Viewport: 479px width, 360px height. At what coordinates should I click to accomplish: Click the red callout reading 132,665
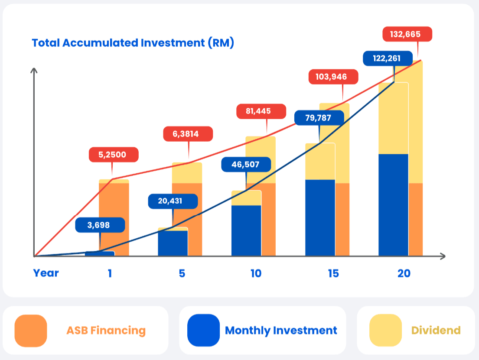407,34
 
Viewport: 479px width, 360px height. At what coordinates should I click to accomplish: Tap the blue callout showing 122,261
388,58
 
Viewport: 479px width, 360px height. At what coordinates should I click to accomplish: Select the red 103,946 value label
333,77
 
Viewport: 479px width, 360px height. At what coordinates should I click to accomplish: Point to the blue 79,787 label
319,118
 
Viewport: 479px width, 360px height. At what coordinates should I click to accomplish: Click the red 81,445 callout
261,111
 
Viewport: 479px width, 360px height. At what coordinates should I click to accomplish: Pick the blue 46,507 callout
246,165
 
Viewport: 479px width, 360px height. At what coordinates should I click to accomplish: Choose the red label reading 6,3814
188,134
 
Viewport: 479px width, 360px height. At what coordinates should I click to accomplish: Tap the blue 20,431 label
173,201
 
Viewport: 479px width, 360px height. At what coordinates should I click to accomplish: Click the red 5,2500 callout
114,155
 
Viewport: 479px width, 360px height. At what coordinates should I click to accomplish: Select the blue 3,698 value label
100,225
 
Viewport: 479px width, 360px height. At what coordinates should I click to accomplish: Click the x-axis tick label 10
256,273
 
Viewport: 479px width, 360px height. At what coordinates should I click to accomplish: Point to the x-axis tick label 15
333,273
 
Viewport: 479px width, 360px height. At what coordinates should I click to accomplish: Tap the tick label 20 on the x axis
404,273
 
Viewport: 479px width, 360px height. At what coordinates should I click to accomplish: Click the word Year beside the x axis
46,273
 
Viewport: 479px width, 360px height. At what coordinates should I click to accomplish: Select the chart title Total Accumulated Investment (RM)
133,43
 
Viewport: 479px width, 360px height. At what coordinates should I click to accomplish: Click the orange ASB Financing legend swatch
31,331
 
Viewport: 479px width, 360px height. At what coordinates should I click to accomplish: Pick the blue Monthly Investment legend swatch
203,331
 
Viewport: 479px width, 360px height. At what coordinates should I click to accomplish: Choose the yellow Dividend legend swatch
385,331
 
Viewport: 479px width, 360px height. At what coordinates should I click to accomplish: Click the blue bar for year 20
394,205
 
